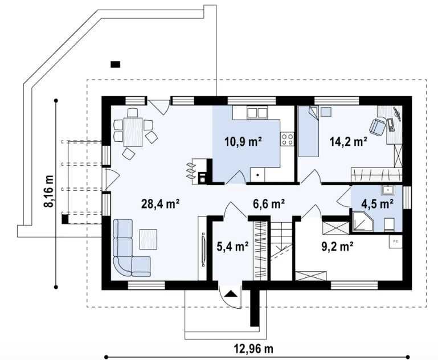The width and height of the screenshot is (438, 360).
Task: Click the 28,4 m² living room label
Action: click(x=160, y=203)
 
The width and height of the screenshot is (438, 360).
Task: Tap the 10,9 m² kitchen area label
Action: click(x=243, y=142)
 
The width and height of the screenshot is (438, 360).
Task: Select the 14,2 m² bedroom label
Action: click(x=349, y=142)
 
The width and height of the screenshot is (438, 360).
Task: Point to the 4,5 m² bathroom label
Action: click(x=378, y=203)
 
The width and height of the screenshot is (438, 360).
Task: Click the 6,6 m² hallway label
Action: click(x=269, y=203)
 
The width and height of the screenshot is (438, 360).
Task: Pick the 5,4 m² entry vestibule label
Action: click(x=233, y=246)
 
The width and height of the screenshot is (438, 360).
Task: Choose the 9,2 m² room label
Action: click(x=337, y=246)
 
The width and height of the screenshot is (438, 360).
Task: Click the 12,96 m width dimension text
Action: click(x=253, y=349)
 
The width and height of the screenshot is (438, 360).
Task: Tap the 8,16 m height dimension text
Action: click(x=48, y=191)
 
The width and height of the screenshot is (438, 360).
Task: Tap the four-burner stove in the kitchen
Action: click(x=287, y=139)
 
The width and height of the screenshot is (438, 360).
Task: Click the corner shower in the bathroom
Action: click(x=362, y=222)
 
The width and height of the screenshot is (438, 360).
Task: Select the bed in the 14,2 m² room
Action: click(x=308, y=131)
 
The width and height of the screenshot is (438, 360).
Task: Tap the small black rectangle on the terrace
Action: click(x=116, y=64)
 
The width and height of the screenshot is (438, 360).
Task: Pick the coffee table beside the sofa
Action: click(x=148, y=239)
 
